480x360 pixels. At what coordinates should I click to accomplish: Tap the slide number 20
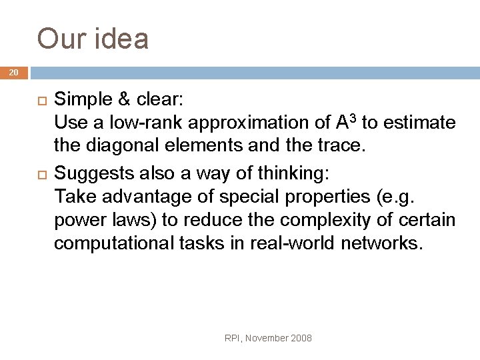pos(14,72)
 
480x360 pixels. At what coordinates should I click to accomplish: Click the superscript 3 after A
pos(353,119)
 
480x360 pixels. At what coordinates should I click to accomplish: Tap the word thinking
pos(294,175)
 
